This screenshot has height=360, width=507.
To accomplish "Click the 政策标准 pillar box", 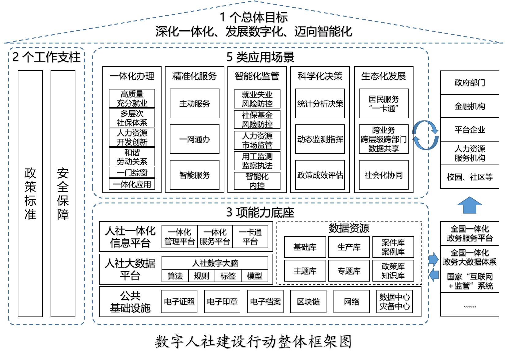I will pos(30,193).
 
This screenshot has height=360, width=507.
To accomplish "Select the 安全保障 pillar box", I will pos(63,193).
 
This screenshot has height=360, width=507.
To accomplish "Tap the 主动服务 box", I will pos(195,104).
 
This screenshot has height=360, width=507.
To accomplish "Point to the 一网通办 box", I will pos(195,139).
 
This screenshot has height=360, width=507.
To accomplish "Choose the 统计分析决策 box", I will pos(320,104).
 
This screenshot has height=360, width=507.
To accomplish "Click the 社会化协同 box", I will pos(383,175).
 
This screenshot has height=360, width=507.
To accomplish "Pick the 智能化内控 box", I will pos(257,181).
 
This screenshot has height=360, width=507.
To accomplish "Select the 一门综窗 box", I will pos(132,172).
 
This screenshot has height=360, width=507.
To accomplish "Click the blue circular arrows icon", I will pos(425,135).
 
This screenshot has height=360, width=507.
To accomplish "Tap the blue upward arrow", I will pos(470,205).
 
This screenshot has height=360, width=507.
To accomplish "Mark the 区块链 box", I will pos(308,302).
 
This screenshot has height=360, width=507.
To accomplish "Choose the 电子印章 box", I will pos(222,302).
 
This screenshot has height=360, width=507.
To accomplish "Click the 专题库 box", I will pos(349,271).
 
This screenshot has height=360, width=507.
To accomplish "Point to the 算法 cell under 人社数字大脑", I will pos(175,276).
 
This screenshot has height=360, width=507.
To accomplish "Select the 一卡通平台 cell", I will pos(250,237).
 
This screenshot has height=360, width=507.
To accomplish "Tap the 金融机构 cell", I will pos(470,106).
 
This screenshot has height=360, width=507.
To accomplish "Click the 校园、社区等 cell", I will pos(470,177).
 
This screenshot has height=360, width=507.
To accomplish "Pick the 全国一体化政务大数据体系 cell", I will pos(470,257).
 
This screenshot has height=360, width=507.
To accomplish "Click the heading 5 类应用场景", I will pos(260,57).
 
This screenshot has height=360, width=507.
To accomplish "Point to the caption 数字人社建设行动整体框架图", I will pos(253,342).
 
